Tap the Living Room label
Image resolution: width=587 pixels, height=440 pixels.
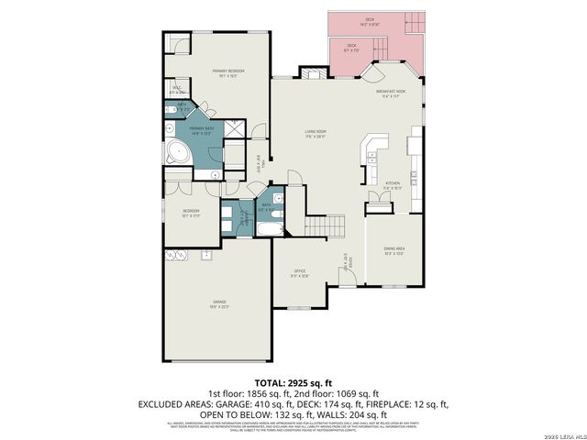316,132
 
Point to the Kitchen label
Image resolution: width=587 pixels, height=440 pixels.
393,186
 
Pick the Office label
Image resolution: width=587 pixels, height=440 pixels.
299,272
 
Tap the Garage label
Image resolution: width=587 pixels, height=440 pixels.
219,302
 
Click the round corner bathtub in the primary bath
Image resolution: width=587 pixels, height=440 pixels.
175,153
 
